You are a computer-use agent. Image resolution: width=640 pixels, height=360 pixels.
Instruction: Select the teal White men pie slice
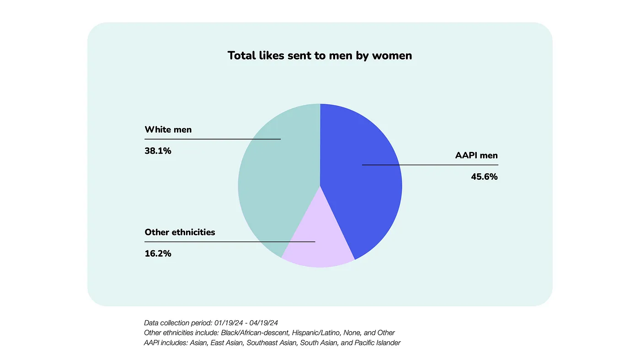pyautogui.click(x=270, y=183)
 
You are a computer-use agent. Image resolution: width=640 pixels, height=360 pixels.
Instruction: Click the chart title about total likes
pyautogui.click(x=320, y=56)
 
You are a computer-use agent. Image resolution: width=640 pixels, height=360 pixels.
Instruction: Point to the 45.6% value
pyautogui.click(x=484, y=177)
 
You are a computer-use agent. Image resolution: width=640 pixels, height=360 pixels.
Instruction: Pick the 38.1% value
pyautogui.click(x=158, y=150)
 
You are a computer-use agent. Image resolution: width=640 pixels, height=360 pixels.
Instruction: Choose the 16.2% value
pyautogui.click(x=158, y=253)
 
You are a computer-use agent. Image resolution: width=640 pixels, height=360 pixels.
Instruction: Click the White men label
pyautogui.click(x=168, y=129)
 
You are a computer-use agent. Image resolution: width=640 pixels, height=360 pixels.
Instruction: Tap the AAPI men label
pyautogui.click(x=476, y=155)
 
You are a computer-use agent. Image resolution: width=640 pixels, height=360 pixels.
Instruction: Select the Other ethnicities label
pyautogui.click(x=180, y=232)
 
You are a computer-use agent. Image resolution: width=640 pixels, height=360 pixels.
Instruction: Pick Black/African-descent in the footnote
pyautogui.click(x=255, y=333)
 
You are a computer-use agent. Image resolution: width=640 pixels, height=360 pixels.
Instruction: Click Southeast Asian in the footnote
pyautogui.click(x=272, y=343)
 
